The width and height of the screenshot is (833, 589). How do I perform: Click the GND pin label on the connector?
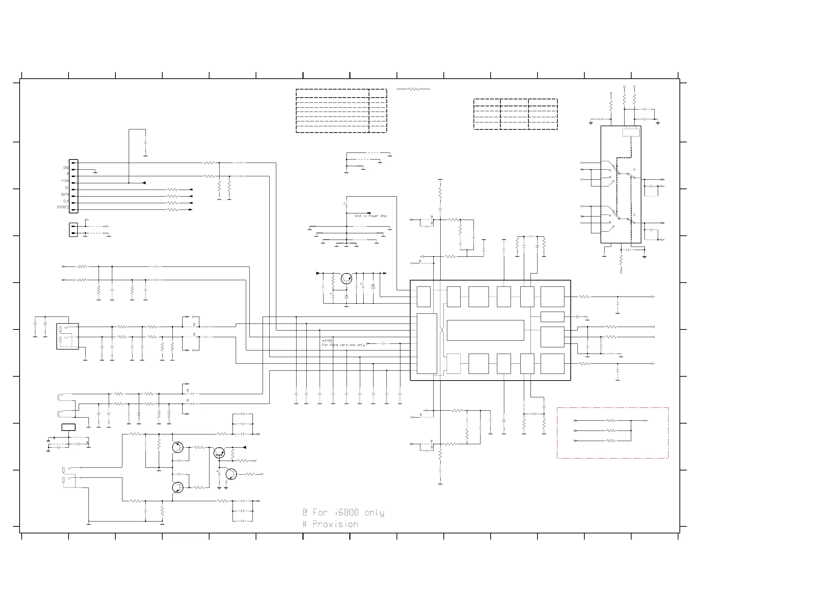click(x=66, y=168)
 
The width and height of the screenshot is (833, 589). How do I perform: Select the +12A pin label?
click(x=65, y=181)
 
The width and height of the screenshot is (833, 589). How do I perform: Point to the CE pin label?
click(x=66, y=187)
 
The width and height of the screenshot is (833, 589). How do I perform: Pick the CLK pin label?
click(x=66, y=201)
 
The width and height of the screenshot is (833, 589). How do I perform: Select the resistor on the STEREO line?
click(x=172, y=210)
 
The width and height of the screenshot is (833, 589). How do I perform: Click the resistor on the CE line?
click(x=172, y=190)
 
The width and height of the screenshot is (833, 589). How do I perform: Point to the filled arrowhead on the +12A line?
click(x=144, y=183)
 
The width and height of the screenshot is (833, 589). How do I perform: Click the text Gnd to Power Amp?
click(x=370, y=216)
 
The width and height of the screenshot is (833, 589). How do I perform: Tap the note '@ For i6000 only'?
click(x=343, y=512)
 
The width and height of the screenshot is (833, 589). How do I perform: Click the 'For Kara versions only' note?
click(x=343, y=345)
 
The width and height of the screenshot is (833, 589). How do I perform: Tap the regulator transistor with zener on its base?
click(x=347, y=279)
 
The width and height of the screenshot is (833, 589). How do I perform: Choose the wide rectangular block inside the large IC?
click(x=485, y=330)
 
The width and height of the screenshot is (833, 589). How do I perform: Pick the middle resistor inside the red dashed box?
click(x=611, y=431)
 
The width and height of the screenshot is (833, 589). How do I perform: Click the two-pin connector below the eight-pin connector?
click(x=73, y=230)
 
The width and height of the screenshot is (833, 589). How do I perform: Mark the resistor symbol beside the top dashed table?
click(x=413, y=89)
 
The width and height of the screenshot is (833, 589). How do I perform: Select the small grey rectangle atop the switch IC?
click(x=631, y=133)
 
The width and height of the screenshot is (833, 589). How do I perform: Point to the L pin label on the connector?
click(x=67, y=161)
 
